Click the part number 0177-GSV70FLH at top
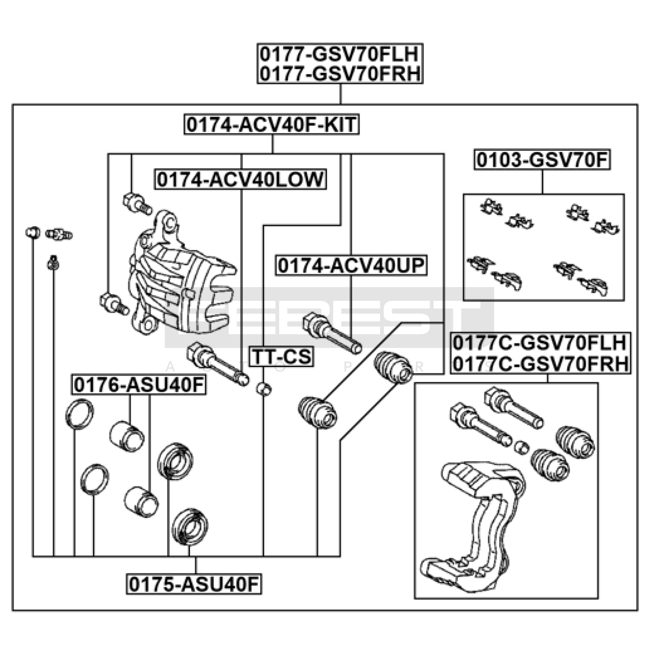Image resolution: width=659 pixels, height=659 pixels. click(x=340, y=54)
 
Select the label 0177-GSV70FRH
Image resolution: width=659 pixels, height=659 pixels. click(x=340, y=74)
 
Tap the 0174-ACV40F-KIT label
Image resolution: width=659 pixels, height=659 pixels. click(x=271, y=124)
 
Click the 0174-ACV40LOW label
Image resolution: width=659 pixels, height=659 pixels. click(x=241, y=180)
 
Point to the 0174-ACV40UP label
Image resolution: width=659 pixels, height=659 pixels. click(x=351, y=266)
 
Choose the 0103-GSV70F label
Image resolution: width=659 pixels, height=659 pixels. click(x=542, y=160)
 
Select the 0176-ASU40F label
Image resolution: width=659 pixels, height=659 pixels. click(x=139, y=385)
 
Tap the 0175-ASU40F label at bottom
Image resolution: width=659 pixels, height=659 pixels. click(x=194, y=584)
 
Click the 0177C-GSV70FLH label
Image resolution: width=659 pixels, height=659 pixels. click(x=540, y=343)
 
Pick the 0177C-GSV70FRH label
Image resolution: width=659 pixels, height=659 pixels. click(x=540, y=364)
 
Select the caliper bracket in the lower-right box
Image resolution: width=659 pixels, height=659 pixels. click(x=478, y=527)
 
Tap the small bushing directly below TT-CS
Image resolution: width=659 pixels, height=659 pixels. click(x=264, y=388)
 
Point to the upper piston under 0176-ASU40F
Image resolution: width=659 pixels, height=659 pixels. click(x=127, y=436)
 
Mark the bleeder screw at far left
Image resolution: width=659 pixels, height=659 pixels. click(x=59, y=235)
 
